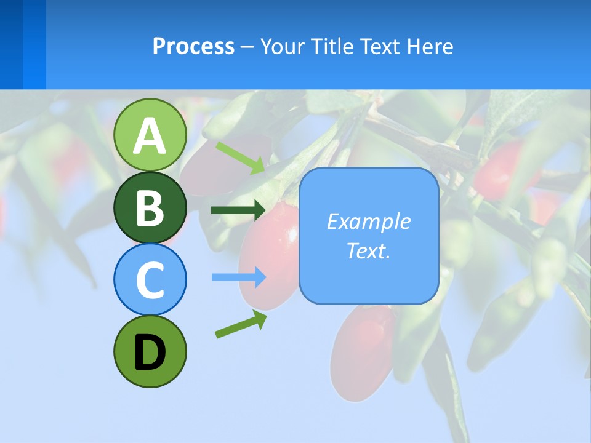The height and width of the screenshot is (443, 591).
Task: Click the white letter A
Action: pos(150,135)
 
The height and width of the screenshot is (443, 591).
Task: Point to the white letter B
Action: pos(150,208)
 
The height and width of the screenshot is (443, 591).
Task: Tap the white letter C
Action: pos(150,280)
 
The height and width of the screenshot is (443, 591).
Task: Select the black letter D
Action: pos(150,353)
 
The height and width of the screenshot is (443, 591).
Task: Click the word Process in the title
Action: pos(193,46)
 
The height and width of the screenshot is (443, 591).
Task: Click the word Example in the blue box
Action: pos(368,221)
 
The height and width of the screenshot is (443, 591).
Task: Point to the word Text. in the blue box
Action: pos(368,250)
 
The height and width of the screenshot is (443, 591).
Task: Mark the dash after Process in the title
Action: pos(247,47)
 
